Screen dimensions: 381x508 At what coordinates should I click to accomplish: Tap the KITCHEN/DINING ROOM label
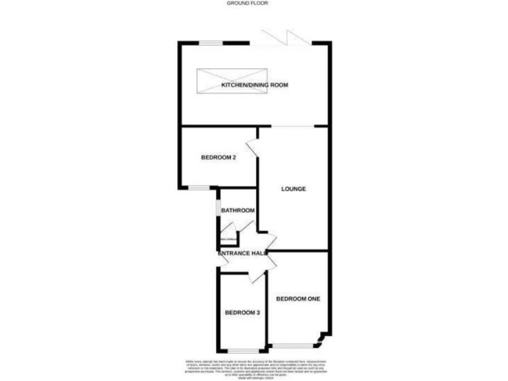click(x=255, y=85)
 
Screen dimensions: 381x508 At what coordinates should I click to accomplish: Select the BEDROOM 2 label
click(x=219, y=157)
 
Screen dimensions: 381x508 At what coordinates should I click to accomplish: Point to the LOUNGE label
click(x=293, y=189)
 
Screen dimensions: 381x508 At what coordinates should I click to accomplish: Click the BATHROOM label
click(x=237, y=210)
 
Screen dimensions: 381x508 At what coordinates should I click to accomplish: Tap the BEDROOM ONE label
click(x=298, y=299)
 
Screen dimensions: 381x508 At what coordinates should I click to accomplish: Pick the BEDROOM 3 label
click(x=241, y=312)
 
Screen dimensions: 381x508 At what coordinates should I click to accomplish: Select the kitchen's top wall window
click(x=212, y=44)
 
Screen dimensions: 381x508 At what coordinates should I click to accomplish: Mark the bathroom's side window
click(x=218, y=207)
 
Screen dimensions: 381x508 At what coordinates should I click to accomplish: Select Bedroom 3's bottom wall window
click(x=241, y=349)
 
